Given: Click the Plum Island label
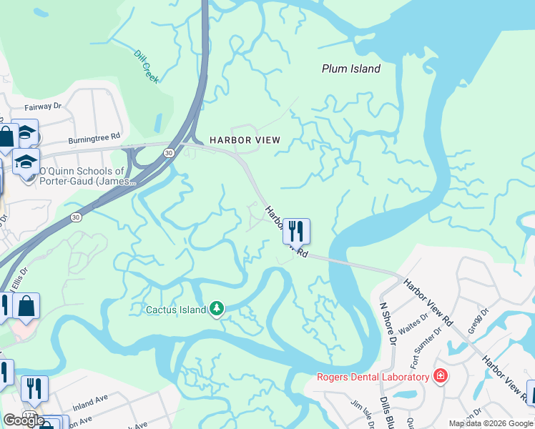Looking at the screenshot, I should click(350, 69).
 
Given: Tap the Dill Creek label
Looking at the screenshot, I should click(146, 66).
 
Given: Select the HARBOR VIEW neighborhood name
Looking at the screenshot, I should click(245, 140).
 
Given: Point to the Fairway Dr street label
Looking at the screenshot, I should click(43, 107).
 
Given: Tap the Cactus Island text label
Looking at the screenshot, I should click(175, 310).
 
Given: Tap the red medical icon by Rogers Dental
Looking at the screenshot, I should click(441, 376).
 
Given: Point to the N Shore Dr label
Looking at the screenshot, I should click(388, 322).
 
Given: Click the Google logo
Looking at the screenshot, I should click(23, 420).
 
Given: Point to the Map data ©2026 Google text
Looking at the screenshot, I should click(491, 423).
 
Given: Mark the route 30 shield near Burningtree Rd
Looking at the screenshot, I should click(169, 152).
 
